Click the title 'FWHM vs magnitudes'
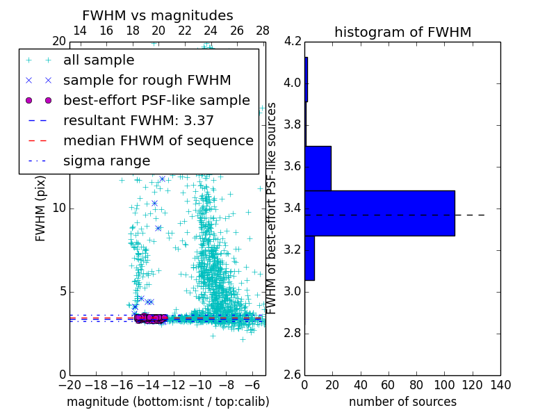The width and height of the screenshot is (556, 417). click(157, 15)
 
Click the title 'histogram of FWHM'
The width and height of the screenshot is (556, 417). click(402, 32)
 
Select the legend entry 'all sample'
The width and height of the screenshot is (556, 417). click(99, 60)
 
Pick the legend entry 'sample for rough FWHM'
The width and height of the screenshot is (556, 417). click(147, 81)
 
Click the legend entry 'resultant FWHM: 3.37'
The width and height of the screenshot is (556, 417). click(138, 121)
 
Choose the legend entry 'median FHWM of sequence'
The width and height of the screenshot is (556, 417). click(158, 141)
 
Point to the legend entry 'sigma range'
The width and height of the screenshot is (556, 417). click(106, 161)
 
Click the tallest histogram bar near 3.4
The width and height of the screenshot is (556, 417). click(379, 213)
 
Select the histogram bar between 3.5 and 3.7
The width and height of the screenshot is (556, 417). click(318, 168)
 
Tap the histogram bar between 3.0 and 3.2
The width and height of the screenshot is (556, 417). click(309, 258)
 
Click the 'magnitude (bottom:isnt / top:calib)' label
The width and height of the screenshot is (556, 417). click(167, 402)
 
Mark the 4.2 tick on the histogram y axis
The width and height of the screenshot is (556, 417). click(293, 41)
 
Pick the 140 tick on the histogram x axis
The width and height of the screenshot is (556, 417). click(500, 385)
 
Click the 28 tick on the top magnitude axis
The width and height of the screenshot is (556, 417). click(263, 31)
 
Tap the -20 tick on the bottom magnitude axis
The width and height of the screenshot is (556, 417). click(69, 385)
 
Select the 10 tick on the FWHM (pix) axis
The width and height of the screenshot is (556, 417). click(58, 208)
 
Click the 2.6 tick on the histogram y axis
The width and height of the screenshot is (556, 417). click(293, 375)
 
